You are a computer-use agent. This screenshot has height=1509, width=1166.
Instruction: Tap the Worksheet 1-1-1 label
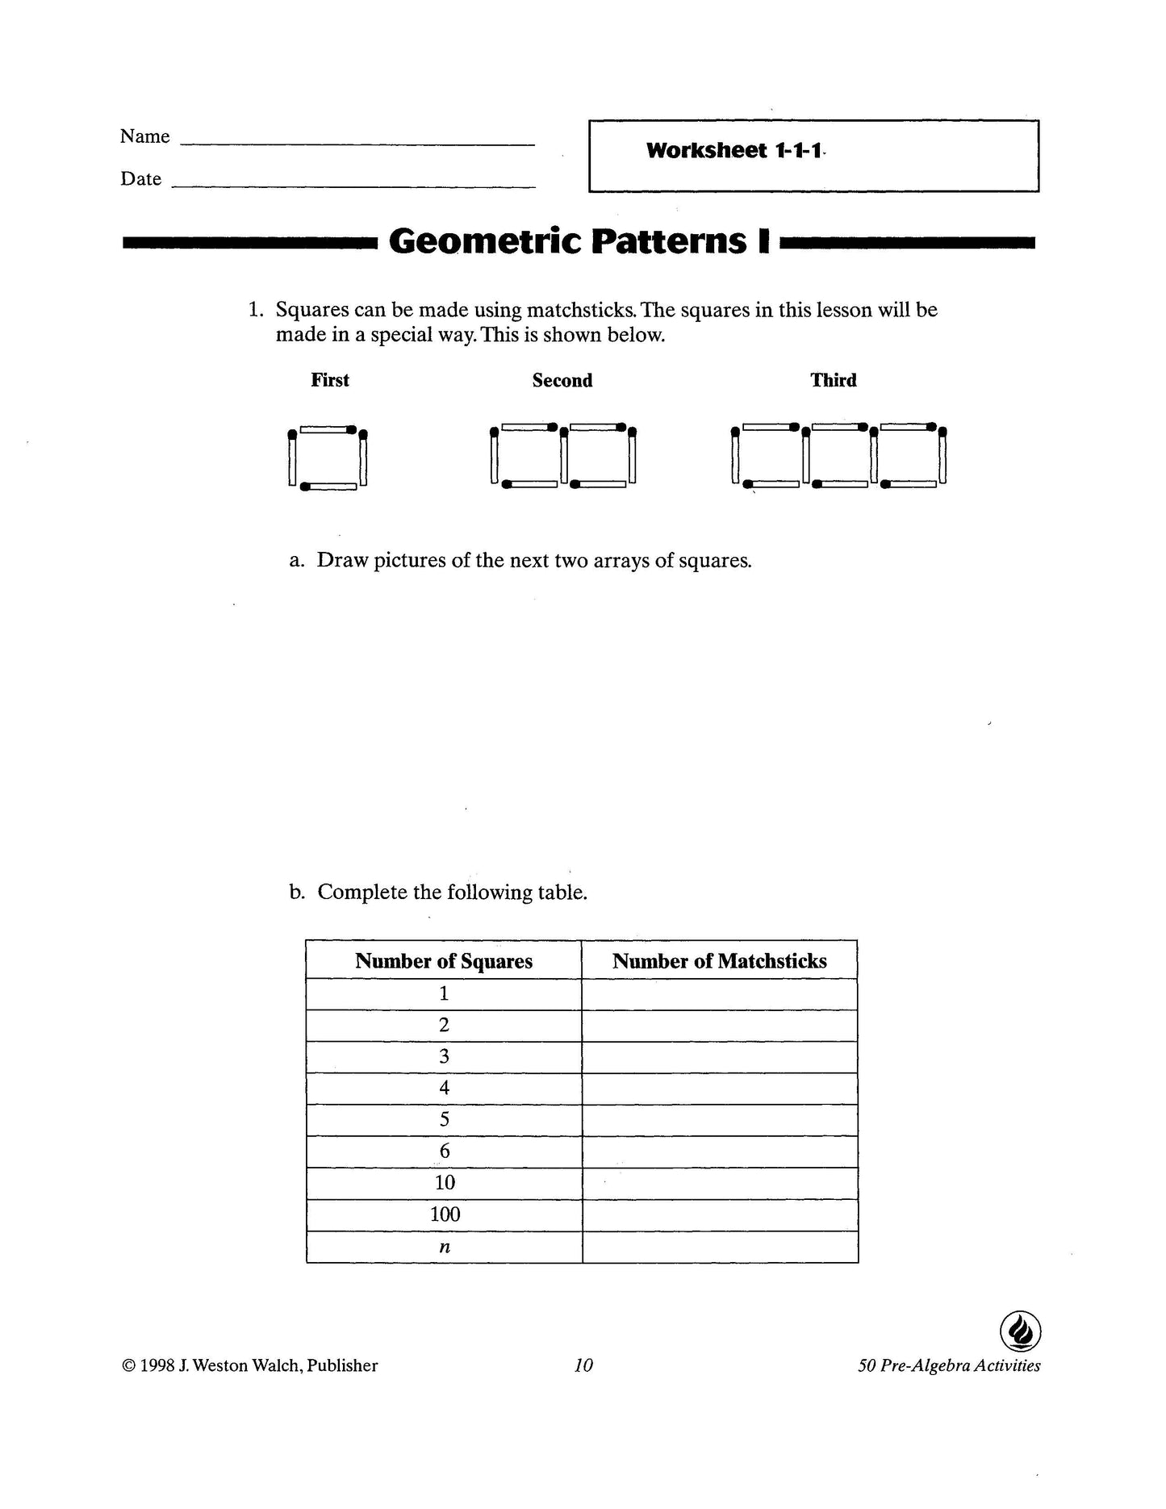tap(733, 151)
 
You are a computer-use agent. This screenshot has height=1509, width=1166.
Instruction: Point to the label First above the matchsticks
tap(330, 380)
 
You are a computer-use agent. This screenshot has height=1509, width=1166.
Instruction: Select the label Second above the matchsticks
tap(562, 381)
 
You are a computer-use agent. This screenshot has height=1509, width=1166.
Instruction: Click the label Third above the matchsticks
tap(833, 380)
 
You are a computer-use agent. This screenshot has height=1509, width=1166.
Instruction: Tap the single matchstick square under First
tap(328, 458)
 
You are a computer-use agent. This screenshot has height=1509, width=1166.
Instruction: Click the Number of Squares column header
tap(444, 961)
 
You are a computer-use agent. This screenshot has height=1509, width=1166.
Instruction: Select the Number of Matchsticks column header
tap(719, 961)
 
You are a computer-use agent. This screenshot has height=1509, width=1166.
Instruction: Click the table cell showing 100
tap(445, 1214)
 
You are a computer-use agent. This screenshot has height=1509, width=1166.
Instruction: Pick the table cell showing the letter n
tap(445, 1247)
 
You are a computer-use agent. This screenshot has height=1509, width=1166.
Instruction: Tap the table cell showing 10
tap(445, 1183)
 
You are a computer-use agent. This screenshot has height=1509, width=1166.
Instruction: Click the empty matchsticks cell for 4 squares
tap(719, 1089)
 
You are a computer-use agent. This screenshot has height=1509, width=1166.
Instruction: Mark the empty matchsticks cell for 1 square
tap(719, 994)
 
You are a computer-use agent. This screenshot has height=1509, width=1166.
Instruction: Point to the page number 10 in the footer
tap(583, 1365)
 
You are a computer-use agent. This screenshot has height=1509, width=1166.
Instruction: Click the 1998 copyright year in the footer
tap(157, 1365)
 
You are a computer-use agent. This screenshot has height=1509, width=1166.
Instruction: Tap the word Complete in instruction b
tap(362, 892)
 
